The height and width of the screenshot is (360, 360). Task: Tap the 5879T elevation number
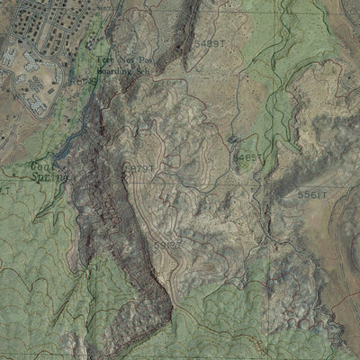(x=139, y=168)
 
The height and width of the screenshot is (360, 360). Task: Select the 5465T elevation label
(x=247, y=157)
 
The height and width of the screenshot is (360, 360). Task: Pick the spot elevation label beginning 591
(x=167, y=245)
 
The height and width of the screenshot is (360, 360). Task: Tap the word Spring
(x=47, y=177)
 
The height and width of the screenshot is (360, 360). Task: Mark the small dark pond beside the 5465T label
(x=233, y=139)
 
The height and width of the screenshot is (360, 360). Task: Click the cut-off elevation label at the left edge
(x=5, y=191)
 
